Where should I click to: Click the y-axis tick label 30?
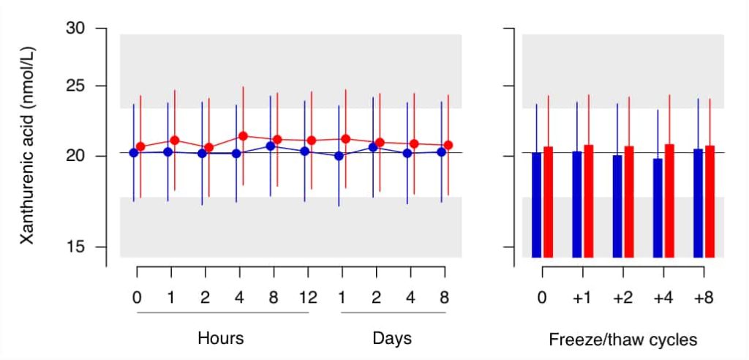coord(75,29)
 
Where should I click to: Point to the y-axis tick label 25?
coord(75,86)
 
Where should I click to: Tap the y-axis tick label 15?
coord(75,247)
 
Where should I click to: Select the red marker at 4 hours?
coord(243,136)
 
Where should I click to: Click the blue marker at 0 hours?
coord(134,152)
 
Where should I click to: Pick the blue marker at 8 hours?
coord(271,146)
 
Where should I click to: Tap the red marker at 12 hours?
coord(312,140)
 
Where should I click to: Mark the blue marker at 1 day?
coord(339,155)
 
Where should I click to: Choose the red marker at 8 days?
coord(448,145)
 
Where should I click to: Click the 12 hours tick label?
coord(308,298)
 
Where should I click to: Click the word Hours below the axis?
coord(221,339)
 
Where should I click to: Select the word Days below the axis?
coord(392,339)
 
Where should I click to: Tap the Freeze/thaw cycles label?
coord(623,340)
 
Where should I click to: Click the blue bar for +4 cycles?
coord(658,208)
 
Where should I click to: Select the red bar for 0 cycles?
coord(549,202)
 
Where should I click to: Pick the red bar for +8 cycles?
coord(710,202)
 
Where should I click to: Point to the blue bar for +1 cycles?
coord(577,205)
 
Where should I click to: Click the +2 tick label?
coord(623,298)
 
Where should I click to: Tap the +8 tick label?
coord(704,298)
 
